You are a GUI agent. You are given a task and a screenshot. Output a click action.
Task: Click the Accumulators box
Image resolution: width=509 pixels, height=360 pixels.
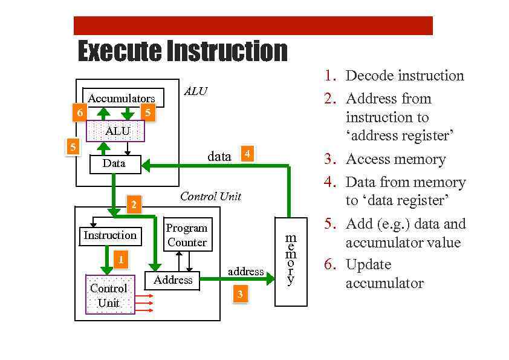(122, 98)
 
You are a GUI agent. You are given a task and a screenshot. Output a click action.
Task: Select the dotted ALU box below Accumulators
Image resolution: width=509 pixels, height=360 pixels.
(116, 131)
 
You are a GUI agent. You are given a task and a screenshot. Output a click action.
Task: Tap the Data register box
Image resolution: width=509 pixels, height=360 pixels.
(114, 164)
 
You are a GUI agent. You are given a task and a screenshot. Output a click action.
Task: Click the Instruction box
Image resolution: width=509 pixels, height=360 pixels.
(110, 235)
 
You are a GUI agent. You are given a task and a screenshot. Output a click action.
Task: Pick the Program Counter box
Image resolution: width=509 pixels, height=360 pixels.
(187, 235)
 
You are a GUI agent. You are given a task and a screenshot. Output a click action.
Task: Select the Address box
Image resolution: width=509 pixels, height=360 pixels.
(172, 280)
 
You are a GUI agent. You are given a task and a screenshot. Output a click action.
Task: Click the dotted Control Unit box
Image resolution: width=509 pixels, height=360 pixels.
(109, 295)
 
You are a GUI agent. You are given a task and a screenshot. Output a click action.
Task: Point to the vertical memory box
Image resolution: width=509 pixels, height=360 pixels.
(291, 261)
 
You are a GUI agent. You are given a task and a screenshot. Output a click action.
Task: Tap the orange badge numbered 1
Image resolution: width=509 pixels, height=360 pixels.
(121, 260)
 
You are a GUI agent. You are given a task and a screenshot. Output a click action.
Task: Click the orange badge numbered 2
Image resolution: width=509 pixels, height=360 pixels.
(134, 205)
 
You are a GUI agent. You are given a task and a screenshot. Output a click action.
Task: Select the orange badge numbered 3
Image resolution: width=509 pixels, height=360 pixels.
(240, 295)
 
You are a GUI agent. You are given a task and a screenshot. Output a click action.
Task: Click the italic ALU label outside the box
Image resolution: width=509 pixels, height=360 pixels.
(195, 91)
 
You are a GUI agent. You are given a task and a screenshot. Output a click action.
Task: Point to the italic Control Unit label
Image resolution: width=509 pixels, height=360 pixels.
(210, 196)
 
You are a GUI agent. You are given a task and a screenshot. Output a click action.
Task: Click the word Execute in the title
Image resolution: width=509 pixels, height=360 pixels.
(119, 51)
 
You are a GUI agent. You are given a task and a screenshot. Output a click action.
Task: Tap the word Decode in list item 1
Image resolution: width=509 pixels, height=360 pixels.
(369, 76)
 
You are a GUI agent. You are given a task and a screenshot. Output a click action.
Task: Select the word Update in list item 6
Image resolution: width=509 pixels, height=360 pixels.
(368, 264)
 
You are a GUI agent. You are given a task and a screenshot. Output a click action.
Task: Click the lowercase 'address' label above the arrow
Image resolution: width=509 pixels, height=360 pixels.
(245, 272)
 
